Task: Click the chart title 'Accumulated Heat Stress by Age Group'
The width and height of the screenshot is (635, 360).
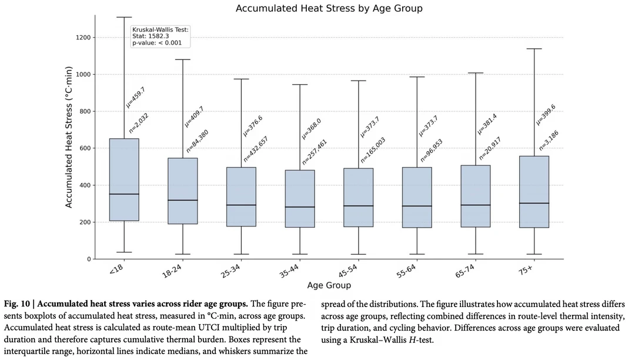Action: click(x=329, y=8)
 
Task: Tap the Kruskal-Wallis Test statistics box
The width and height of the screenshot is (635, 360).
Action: click(x=161, y=36)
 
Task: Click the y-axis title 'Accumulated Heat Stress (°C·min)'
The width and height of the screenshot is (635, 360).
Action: click(x=68, y=137)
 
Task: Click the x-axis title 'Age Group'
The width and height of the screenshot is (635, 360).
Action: click(x=329, y=285)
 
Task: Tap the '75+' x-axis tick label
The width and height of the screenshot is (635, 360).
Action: click(x=526, y=269)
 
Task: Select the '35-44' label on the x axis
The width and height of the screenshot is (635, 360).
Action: click(x=289, y=271)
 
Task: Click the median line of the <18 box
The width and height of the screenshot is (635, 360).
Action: click(x=124, y=194)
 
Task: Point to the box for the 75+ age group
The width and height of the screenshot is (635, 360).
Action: click(x=534, y=192)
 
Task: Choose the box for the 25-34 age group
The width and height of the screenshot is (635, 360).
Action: click(x=242, y=197)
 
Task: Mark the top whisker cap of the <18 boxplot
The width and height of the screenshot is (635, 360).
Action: click(x=124, y=18)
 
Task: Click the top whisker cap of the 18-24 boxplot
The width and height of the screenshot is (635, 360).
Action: click(x=183, y=59)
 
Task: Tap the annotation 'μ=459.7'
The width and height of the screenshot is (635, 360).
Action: click(x=136, y=97)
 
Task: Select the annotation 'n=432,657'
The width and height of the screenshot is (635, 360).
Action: click(x=256, y=149)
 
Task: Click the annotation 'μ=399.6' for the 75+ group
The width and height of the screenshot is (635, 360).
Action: click(x=546, y=115)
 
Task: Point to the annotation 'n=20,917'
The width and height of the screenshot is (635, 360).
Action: click(x=490, y=149)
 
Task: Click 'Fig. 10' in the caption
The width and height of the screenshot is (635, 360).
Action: click(x=17, y=304)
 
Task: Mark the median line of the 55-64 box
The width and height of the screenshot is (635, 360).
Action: click(x=417, y=206)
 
